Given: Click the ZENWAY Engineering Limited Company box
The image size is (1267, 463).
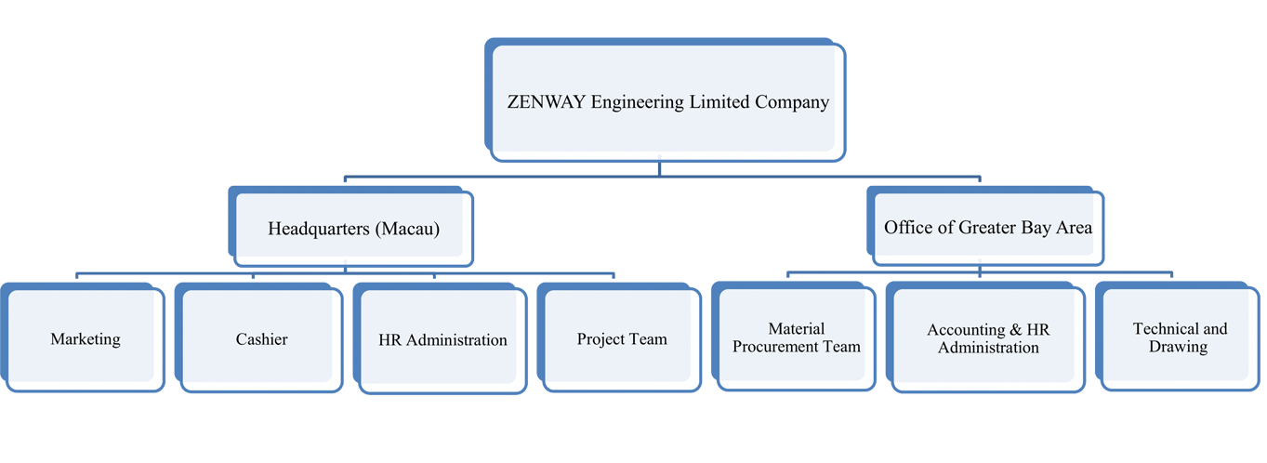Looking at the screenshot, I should coord(666,102).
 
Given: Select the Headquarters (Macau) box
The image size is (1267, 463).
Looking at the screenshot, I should coord(353,228).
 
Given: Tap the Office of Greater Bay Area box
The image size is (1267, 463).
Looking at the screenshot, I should coord(987,228).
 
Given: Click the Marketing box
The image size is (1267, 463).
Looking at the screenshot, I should coord(86,339).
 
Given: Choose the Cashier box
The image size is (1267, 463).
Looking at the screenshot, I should coord(261,339).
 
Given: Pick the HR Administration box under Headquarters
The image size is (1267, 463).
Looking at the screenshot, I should coord(442,340).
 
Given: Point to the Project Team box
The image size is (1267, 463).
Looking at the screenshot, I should coord(622,339).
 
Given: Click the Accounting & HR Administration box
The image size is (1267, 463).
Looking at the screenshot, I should coord(988,338).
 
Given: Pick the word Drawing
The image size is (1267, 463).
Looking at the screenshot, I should coord(1179,347).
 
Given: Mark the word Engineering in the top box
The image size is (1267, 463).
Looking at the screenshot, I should coord(635,102).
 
